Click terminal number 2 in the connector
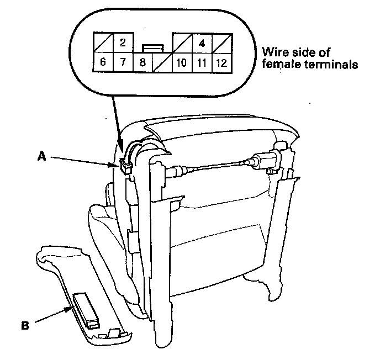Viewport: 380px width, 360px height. click(123, 43)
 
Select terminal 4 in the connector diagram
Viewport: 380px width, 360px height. click(202, 43)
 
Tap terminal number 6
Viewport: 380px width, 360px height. click(103, 62)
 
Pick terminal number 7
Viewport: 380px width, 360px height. click(123, 62)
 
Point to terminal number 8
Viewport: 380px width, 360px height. click(142, 62)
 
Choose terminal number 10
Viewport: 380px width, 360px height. click(182, 62)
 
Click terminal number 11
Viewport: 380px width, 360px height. click(202, 62)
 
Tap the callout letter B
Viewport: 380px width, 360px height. click(24, 326)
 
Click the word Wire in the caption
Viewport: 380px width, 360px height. click(275, 52)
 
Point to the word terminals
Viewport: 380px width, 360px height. click(329, 65)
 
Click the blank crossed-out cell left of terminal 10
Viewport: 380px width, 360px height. click(162, 62)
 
